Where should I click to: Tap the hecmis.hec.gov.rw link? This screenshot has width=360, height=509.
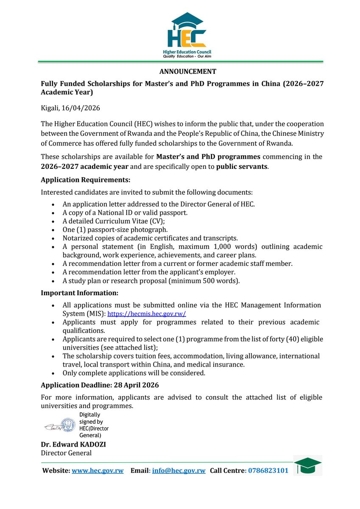147,314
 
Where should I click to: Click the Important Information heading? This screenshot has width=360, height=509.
79,293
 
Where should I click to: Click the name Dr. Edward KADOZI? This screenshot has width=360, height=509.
74,445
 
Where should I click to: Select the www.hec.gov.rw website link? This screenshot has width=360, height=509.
98,471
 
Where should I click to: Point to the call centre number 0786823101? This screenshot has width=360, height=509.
268,471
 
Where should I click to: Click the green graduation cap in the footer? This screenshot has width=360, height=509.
307,465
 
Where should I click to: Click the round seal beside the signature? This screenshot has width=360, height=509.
68,425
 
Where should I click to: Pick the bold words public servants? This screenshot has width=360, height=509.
242,167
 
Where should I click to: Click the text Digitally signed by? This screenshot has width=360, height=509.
91,418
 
